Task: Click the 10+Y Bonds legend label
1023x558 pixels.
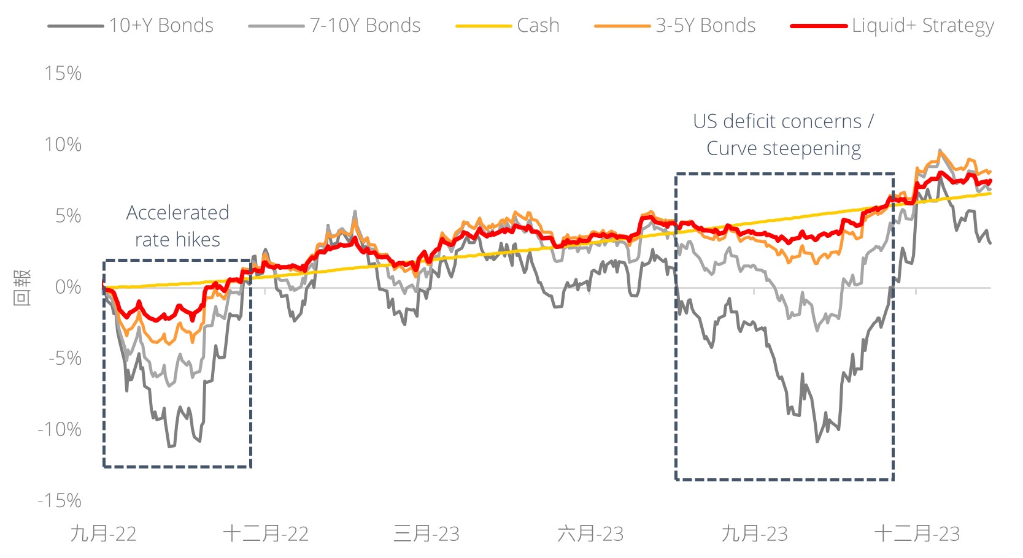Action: pos(161,26)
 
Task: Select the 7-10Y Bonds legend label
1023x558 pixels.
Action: pos(365,26)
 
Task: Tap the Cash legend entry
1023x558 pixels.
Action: pos(538,26)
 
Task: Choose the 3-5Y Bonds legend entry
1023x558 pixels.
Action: pos(705,26)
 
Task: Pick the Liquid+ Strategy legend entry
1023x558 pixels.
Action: pos(922,26)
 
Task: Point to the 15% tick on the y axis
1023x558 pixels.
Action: pos(63,74)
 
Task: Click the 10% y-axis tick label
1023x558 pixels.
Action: pos(63,145)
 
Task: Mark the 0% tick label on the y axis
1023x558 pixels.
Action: pos(68,287)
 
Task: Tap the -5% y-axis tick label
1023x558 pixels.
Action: pos(64,358)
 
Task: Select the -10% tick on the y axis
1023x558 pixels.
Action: pos(60,429)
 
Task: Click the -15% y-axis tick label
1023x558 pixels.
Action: pos(60,500)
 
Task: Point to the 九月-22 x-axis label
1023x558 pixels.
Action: pos(103,533)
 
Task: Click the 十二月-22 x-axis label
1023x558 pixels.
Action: pos(265,533)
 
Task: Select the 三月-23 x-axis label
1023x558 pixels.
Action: pos(427,533)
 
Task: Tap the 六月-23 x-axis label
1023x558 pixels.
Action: pos(590,533)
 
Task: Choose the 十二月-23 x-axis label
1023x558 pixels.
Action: pos(917,533)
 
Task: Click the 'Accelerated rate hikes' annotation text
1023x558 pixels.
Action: pos(177,226)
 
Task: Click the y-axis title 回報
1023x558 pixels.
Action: pos(21,287)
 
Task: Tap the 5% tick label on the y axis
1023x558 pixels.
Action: pos(68,216)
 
